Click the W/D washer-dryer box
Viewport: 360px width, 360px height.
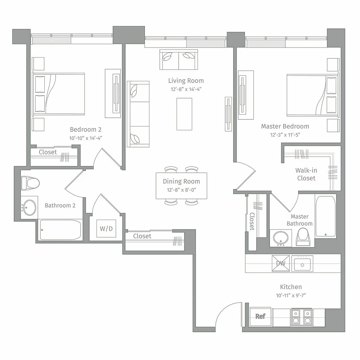106,228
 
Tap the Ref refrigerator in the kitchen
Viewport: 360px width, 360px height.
260,316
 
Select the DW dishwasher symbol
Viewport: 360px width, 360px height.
281,263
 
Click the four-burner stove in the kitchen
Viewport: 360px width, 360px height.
302,317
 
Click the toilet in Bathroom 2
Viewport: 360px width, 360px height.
30,183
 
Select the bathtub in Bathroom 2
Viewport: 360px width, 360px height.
60,230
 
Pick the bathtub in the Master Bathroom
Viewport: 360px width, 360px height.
326,216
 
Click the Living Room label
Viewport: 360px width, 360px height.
186,81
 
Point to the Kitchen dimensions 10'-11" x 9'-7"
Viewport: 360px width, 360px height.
291,296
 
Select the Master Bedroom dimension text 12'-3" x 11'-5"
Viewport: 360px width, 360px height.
285,135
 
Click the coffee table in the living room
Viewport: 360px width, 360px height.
184,114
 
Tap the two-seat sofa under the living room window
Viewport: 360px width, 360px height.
179,59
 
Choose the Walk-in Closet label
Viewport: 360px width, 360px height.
306,174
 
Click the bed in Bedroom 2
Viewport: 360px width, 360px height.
58,94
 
